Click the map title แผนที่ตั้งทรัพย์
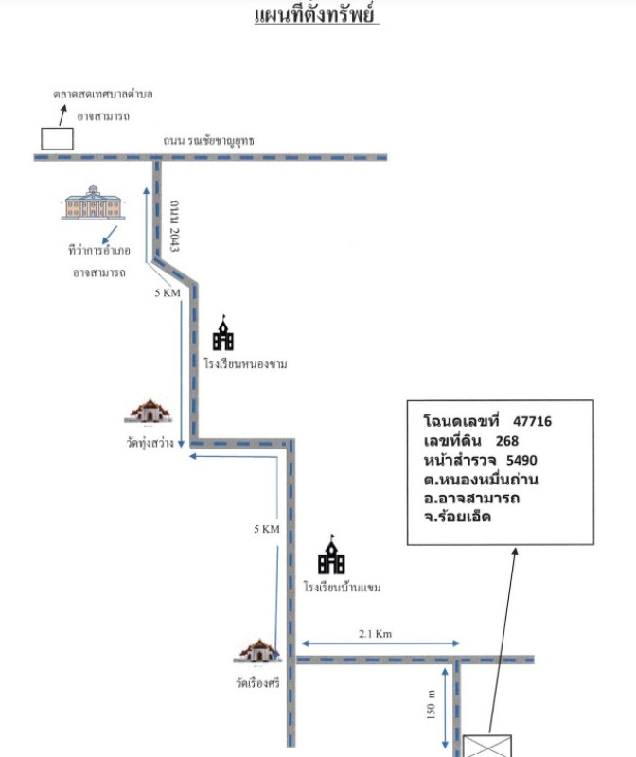[317, 16]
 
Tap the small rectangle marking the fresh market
[57, 137]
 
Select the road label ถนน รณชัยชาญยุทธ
[208, 141]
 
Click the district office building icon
[92, 202]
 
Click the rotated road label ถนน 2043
[174, 224]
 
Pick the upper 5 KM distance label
[167, 293]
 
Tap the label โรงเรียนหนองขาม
[245, 363]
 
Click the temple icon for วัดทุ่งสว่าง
[149, 411]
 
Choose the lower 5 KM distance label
[267, 530]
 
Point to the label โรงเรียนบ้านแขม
[342, 588]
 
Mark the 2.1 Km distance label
[375, 634]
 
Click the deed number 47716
[532, 420]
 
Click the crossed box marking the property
[488, 745]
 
